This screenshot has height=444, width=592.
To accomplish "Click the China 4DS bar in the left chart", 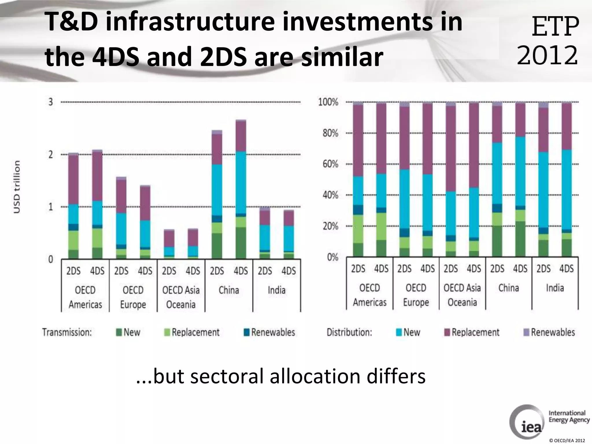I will pyautogui.click(x=241, y=189).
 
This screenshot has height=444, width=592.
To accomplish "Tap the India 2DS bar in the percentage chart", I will pyautogui.click(x=543, y=179).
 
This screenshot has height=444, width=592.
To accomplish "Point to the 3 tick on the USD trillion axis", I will pyautogui.click(x=51, y=102).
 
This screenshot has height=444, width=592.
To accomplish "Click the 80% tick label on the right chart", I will pyautogui.click(x=330, y=133).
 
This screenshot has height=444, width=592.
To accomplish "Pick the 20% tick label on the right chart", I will pyautogui.click(x=330, y=226).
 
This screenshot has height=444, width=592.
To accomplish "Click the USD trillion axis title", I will pyautogui.click(x=17, y=187).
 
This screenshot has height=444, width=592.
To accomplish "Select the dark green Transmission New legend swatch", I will pyautogui.click(x=119, y=332).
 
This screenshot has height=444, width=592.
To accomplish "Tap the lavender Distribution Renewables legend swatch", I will pyautogui.click(x=526, y=332).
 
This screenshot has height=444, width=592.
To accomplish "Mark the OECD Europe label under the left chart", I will pyautogui.click(x=133, y=297).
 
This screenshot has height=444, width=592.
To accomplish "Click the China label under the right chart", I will pyautogui.click(x=508, y=288).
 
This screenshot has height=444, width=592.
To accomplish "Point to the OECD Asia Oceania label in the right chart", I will pyautogui.click(x=462, y=295).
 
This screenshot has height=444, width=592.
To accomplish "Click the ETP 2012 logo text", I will pyautogui.click(x=548, y=40).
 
